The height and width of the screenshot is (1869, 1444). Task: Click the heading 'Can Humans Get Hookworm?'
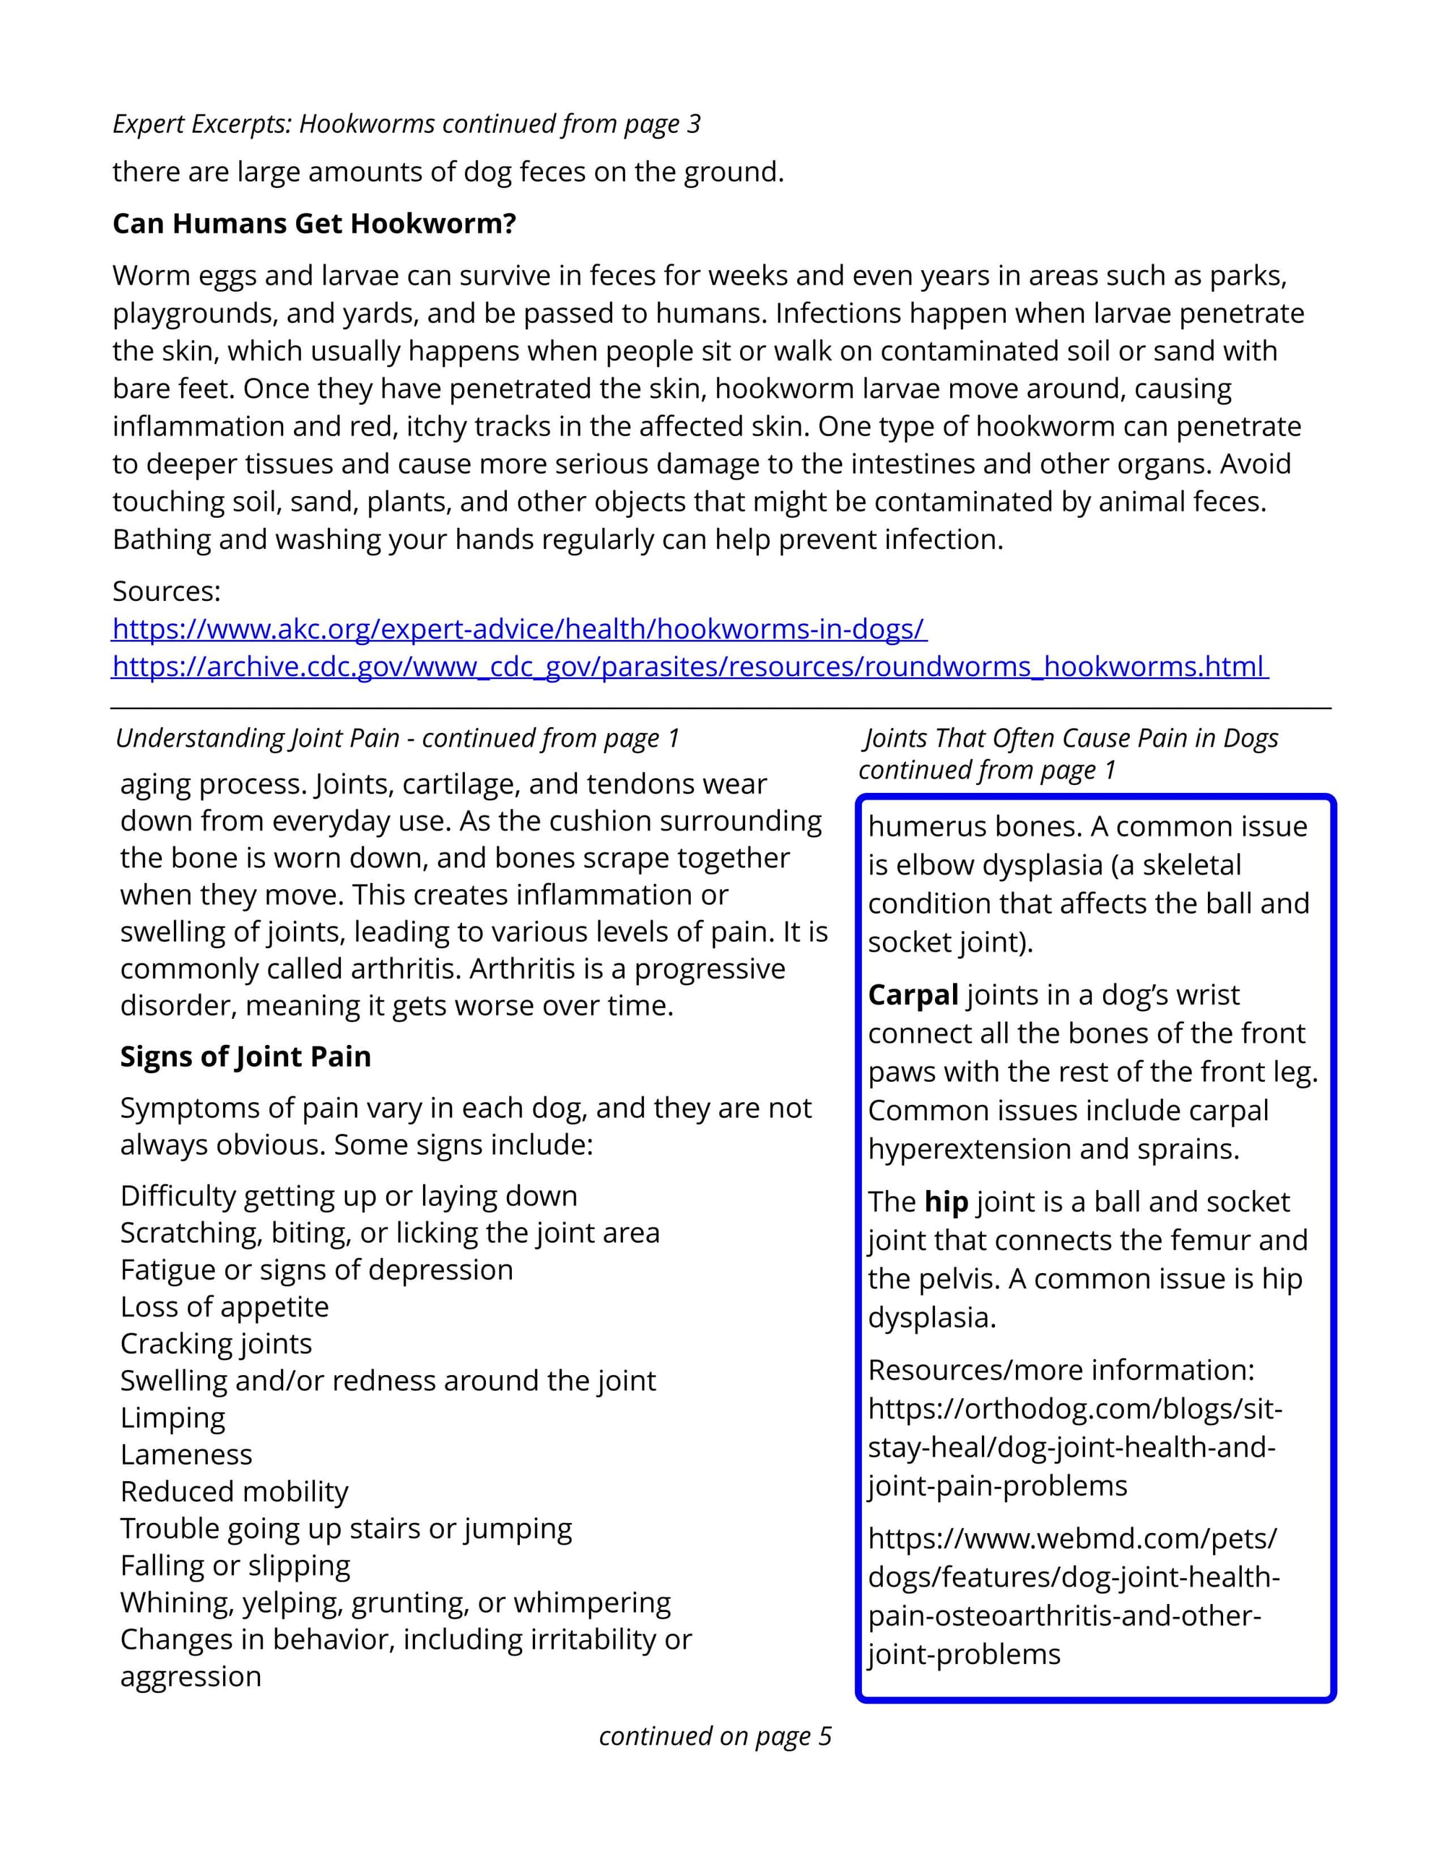point(314,224)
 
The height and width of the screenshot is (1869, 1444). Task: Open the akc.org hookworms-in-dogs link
point(518,629)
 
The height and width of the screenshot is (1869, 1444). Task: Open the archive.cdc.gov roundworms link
point(689,667)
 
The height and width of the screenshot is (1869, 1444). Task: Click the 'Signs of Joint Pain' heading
point(245,1057)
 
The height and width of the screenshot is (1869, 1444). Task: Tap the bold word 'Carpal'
point(913,995)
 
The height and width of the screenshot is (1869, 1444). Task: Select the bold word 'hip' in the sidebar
point(946,1202)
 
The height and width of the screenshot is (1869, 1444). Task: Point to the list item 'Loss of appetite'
point(224,1306)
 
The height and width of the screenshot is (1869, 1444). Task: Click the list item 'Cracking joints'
point(216,1343)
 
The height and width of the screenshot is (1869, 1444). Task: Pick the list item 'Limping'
point(173,1418)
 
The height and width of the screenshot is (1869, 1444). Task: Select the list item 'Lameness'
point(186,1454)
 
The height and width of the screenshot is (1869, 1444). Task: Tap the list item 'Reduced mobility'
point(235,1491)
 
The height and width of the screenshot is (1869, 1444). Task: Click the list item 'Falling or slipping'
point(235,1566)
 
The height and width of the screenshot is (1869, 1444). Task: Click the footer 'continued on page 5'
point(716,1736)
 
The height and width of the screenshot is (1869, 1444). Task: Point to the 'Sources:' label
point(167,591)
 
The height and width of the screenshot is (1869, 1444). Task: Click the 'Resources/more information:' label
point(1061,1370)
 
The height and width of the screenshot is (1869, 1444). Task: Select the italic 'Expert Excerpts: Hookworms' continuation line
point(406,124)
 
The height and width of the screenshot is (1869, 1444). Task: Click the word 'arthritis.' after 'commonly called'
point(406,968)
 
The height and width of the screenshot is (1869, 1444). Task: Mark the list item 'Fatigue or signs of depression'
point(316,1270)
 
